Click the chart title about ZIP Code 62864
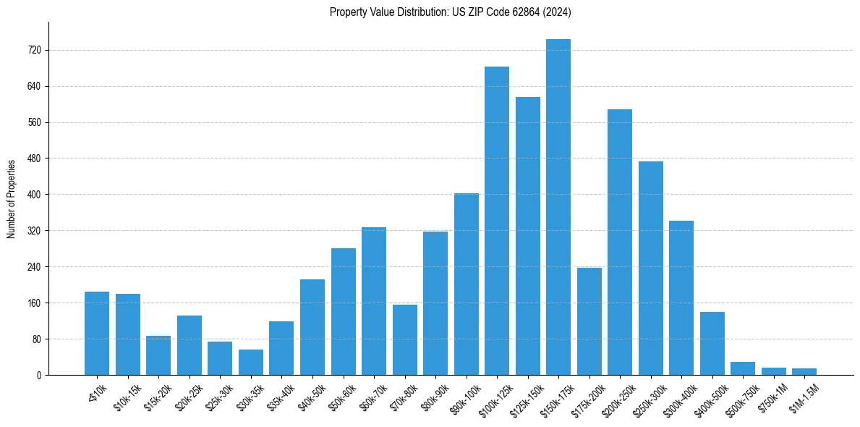[x=451, y=12]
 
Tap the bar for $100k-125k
[x=496, y=221]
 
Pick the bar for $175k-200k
[x=589, y=321]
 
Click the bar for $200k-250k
[x=619, y=242]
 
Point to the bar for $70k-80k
[x=404, y=339]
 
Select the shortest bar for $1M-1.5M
[x=804, y=371]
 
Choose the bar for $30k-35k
[x=250, y=362]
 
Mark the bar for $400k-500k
[x=712, y=343]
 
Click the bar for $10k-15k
[x=127, y=334]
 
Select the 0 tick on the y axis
[x=40, y=376]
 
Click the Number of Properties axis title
[x=12, y=198]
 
